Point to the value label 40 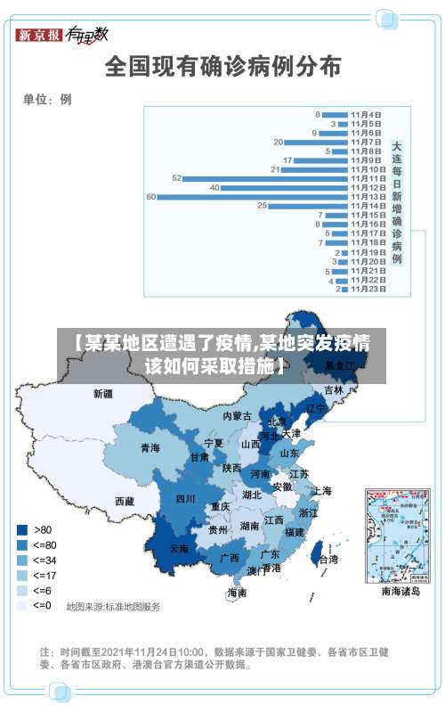pos(214,188)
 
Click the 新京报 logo pos(38,35)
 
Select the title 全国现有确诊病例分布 pos(222,65)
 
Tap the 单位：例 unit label pos(47,99)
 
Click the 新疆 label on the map pos(103,393)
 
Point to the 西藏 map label pos(125,502)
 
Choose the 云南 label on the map pos(179,549)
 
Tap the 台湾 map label pos(328,560)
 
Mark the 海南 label pos(237,593)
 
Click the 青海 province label pos(150,447)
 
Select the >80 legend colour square pos(22,529)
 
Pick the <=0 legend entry pos(36,605)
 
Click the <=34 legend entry pos(36,560)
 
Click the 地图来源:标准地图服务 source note pos(114,607)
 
